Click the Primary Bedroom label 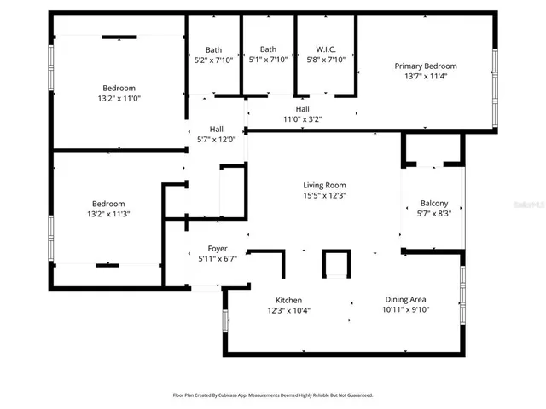tap(425, 66)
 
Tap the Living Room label tap(324, 185)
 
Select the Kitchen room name tap(288, 300)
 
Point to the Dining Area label tap(406, 300)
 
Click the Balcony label tap(434, 204)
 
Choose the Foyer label tap(218, 248)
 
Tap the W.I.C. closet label tap(326, 49)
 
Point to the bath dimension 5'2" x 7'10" tap(213, 60)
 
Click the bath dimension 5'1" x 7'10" tap(268, 60)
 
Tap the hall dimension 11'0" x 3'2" tap(302, 119)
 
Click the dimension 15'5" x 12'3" tap(324, 195)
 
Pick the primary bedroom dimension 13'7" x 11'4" tap(425, 77)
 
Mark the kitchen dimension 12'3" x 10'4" tap(288, 310)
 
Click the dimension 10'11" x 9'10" tap(406, 310)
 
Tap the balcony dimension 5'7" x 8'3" tap(434, 214)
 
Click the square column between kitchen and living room tap(336, 263)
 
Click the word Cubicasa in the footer tap(238, 395)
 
